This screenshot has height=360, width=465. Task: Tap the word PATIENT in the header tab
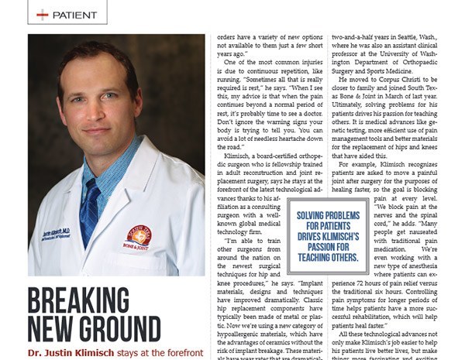click(75, 14)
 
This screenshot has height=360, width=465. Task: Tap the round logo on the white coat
click(139, 235)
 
